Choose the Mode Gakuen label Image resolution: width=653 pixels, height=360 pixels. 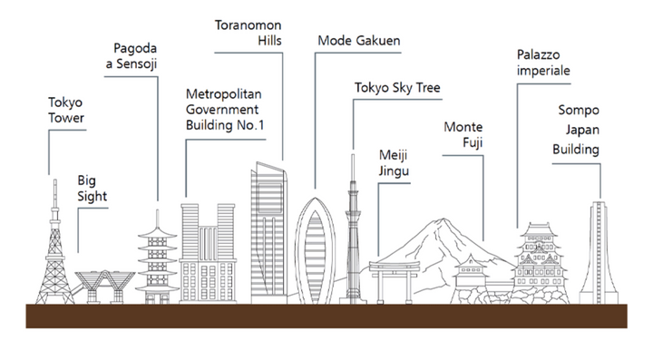pos(359,42)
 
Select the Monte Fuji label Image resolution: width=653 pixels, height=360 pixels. pos(463,135)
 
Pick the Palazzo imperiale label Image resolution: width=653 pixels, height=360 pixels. pos(545,63)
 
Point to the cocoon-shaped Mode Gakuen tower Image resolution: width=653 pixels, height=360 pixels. pos(317,254)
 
